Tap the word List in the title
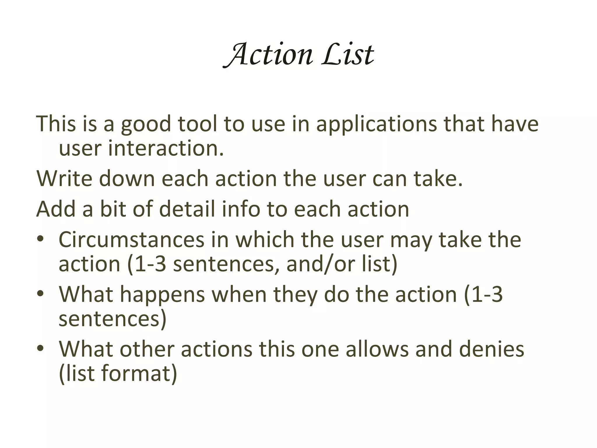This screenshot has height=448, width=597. [x=347, y=55]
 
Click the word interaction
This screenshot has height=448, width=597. [x=166, y=148]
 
